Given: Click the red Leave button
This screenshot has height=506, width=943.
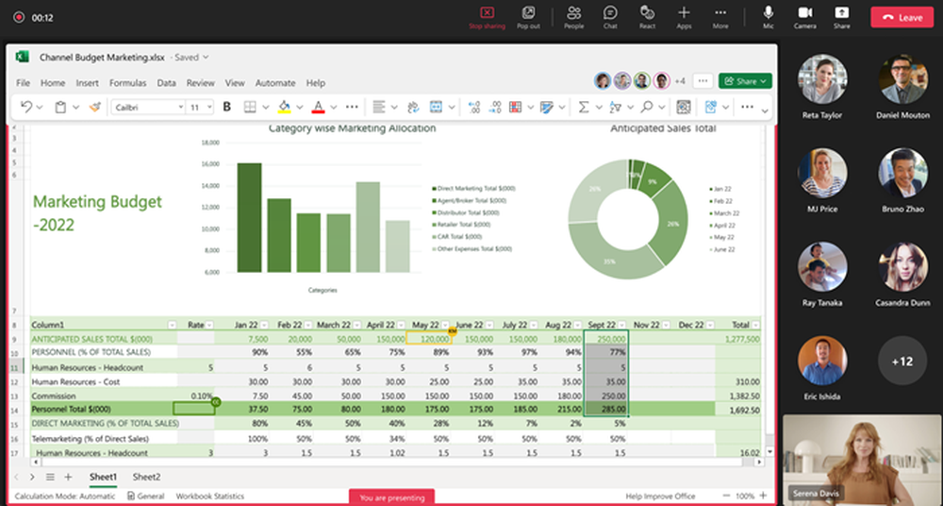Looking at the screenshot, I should click(901, 17).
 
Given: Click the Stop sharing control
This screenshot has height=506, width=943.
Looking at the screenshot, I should click(487, 17).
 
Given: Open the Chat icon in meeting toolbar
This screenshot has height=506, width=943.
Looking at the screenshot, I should click(610, 17).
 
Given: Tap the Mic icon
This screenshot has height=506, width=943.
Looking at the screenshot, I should click(769, 17).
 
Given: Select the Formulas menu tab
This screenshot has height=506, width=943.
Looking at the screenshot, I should click(127, 83).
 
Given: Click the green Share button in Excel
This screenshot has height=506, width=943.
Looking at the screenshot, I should click(745, 81).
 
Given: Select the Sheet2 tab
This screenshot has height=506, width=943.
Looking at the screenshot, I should click(146, 477).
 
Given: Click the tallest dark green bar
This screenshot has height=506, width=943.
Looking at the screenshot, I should click(249, 218).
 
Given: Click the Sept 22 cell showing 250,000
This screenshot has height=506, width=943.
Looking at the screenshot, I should click(605, 339).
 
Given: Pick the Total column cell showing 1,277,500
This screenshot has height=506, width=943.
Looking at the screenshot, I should click(740, 339).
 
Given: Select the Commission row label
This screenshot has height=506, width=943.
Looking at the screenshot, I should click(55, 396).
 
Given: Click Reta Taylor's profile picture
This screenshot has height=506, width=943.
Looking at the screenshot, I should click(821, 78).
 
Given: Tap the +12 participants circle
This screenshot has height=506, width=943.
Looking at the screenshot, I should click(902, 362).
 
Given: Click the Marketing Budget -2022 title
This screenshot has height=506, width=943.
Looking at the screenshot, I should click(97, 213).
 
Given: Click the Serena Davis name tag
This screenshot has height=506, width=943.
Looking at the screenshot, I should click(816, 492).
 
